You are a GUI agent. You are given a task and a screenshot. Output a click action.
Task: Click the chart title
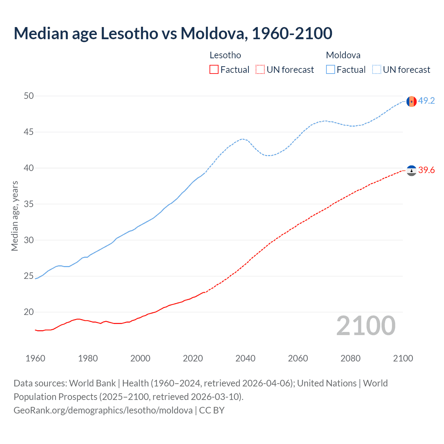[173, 33]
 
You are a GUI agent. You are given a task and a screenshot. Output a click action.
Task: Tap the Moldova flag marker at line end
[411, 101]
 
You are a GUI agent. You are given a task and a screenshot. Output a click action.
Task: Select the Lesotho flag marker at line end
[411, 171]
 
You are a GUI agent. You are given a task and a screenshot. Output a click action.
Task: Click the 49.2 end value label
[426, 101]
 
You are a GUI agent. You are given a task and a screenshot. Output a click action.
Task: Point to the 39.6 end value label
[426, 170]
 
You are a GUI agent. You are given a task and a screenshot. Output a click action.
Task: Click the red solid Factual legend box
[214, 70]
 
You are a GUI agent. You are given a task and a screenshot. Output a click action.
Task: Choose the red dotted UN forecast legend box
[260, 70]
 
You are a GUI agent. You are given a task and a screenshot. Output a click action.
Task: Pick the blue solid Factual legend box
[331, 70]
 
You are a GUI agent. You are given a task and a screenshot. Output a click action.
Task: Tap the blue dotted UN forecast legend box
[377, 70]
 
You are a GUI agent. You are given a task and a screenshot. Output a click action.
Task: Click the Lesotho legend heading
[225, 55]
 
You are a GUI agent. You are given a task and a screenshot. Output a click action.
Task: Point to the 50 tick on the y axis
[29, 96]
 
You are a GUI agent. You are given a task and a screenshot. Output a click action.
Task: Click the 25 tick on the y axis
[29, 276]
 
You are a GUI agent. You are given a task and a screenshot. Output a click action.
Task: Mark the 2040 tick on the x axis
[245, 358]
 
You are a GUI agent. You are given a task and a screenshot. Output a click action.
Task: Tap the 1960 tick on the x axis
[35, 358]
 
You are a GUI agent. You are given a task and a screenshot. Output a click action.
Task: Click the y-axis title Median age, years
[15, 216]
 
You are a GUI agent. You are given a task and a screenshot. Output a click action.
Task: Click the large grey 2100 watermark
[366, 326]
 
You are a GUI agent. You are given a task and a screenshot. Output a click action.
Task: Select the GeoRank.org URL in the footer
[103, 410]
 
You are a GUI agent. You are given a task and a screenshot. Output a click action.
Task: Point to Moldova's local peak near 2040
[242, 139]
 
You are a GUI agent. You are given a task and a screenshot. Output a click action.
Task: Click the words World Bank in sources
[92, 383]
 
